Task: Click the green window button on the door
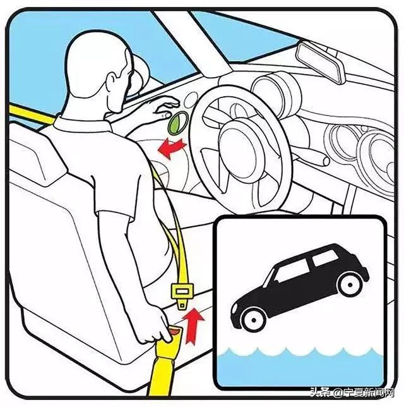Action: (178, 123)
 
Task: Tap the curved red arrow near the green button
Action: (172, 149)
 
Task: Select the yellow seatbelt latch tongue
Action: (182, 295)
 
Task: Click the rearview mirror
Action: (321, 62)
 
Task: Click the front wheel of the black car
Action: (253, 320)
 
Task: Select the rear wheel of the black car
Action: (350, 284)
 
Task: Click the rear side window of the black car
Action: (325, 257)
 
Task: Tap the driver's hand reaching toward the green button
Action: (166, 107)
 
